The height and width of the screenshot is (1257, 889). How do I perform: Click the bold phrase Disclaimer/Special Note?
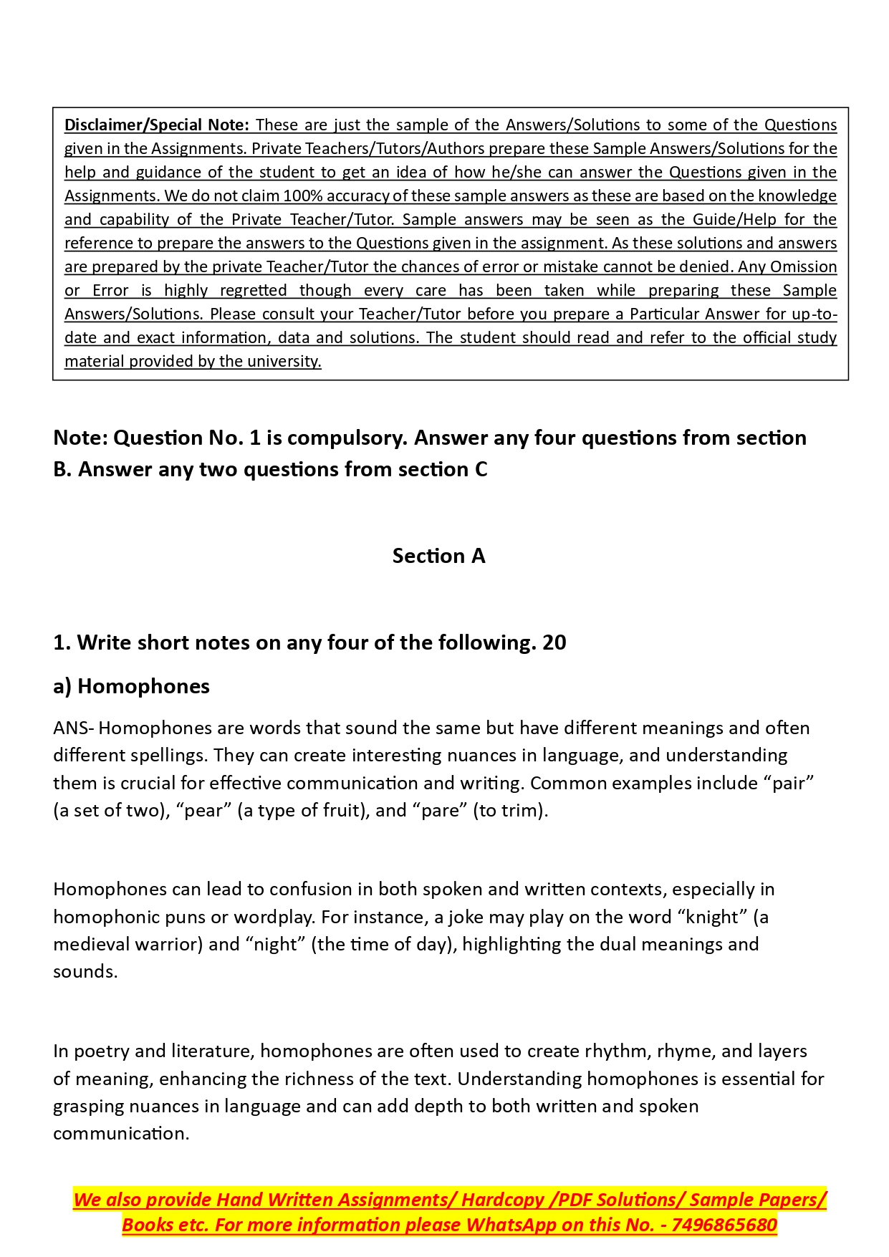point(156,125)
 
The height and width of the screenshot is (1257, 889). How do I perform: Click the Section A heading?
point(438,556)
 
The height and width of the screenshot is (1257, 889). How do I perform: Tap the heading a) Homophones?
point(131,686)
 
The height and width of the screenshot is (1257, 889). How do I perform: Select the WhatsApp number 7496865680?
point(724,1225)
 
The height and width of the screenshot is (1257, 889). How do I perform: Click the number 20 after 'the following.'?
point(554,642)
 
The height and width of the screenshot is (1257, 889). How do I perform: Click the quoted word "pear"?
point(203,811)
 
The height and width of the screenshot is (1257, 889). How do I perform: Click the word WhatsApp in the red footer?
point(511,1225)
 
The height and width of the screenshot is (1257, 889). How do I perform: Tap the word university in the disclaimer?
point(284,361)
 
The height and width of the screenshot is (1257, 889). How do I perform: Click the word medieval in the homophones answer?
point(91,944)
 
